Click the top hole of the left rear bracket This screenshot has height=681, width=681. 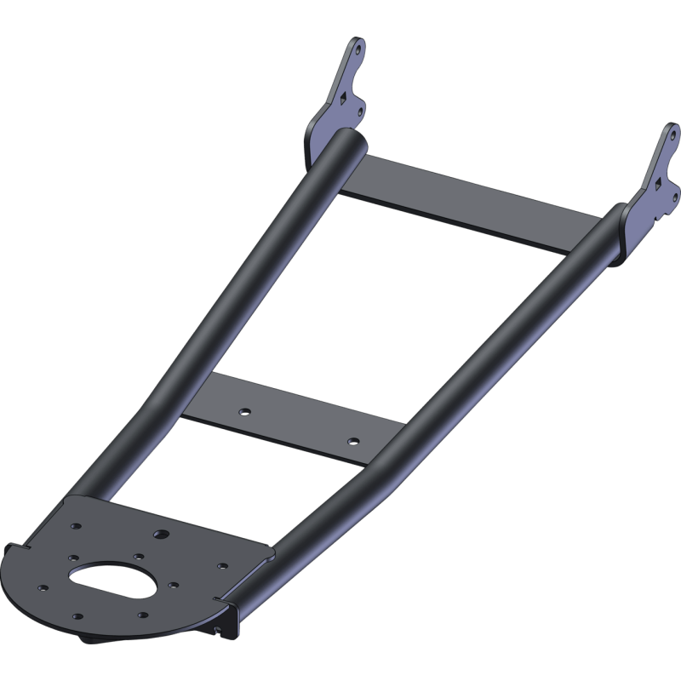(358, 49)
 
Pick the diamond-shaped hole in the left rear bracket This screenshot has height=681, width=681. (342, 98)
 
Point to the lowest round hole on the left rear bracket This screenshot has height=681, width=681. (360, 112)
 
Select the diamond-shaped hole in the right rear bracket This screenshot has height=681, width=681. (658, 181)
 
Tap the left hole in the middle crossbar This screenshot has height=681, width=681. (244, 411)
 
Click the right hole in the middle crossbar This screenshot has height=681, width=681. (354, 441)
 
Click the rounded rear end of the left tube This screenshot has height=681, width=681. (345, 145)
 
